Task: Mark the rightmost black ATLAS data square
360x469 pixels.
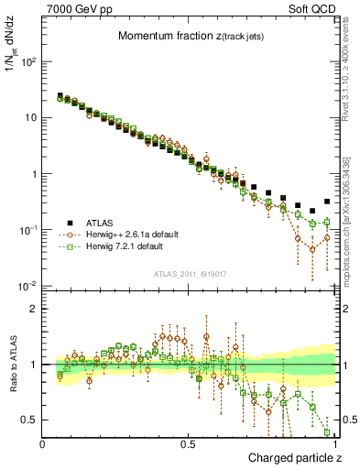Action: (x=327, y=202)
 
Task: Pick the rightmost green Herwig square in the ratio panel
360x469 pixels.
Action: (x=327, y=432)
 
